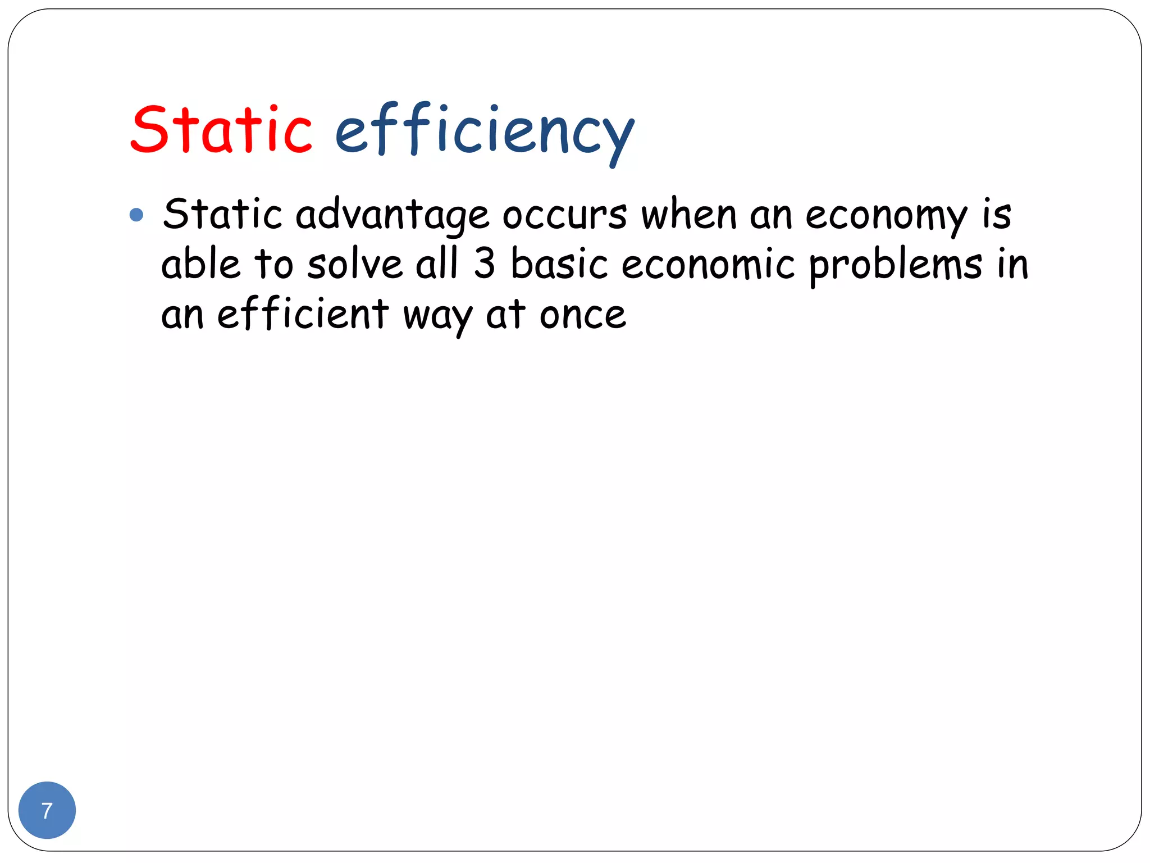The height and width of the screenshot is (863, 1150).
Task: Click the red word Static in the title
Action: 221,130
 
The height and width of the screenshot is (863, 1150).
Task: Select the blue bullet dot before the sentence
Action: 136,215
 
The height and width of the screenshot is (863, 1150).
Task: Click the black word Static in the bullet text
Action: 222,214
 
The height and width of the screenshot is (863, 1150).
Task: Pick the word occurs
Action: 564,215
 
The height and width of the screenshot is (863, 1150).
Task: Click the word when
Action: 688,214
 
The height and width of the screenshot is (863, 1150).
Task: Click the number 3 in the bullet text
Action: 484,264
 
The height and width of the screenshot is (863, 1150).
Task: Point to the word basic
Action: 559,264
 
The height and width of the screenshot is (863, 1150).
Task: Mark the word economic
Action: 708,264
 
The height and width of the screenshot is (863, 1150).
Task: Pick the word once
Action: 582,315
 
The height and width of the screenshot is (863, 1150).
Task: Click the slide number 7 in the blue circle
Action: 47,811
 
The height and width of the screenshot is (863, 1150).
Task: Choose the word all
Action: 437,264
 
